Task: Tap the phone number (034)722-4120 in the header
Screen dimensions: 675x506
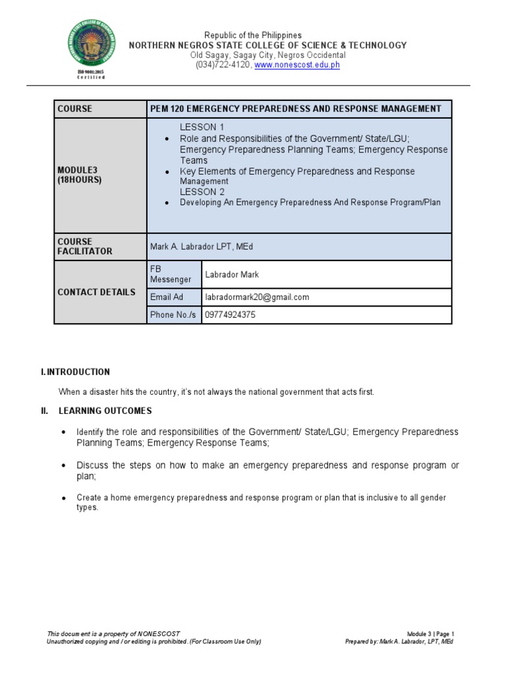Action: (x=222, y=66)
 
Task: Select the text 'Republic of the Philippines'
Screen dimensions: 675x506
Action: (x=253, y=35)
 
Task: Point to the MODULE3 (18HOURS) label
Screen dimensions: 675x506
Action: (x=80, y=175)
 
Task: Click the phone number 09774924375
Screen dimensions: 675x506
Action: (x=230, y=315)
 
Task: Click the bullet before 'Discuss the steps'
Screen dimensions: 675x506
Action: (x=63, y=465)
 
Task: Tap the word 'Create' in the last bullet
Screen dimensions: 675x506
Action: (x=89, y=498)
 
